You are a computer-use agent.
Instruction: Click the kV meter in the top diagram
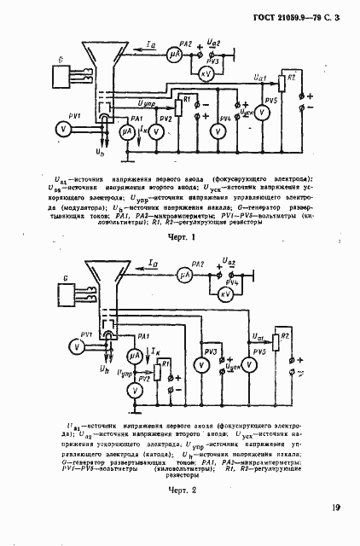pyautogui.click(x=205, y=73)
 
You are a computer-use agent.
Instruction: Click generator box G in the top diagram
pyautogui.click(x=61, y=76)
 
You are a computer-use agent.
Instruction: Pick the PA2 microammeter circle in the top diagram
pyautogui.click(x=174, y=52)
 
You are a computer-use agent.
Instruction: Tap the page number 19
pyautogui.click(x=336, y=508)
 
